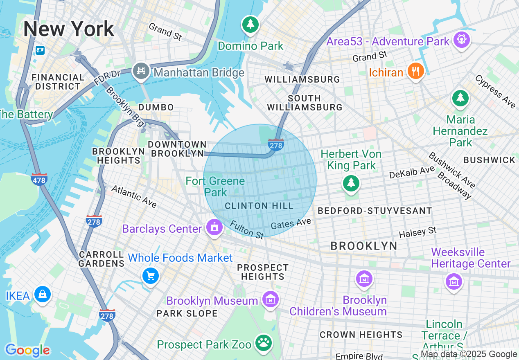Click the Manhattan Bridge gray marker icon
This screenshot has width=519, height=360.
click(141, 72)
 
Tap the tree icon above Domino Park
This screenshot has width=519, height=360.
click(250, 24)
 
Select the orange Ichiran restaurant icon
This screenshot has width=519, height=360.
click(415, 71)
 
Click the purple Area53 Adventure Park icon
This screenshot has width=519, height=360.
click(461, 40)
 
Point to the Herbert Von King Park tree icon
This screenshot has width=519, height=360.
click(351, 182)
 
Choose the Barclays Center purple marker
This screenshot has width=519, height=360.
click(214, 227)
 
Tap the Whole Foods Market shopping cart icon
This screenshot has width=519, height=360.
click(151, 276)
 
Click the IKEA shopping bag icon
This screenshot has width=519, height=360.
click(42, 294)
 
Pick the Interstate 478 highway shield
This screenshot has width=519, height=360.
click(39, 179)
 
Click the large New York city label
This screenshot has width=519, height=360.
click(68, 29)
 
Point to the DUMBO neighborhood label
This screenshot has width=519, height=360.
click(156, 107)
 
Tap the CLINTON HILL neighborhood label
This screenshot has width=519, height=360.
click(259, 206)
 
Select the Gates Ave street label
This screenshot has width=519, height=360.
click(291, 223)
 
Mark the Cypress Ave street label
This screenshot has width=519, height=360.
click(495, 92)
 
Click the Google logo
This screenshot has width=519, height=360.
click(27, 350)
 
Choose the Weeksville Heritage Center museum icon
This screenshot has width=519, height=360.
click(454, 281)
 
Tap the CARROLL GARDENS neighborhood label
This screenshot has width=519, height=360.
click(101, 259)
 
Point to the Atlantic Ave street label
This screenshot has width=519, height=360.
click(134, 196)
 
